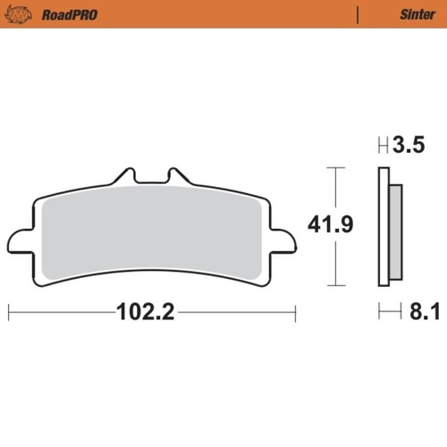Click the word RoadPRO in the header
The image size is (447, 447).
(x=70, y=14)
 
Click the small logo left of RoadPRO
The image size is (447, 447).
(x=24, y=14)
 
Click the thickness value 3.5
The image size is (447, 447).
(x=408, y=146)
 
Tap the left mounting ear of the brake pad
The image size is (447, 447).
(x=20, y=240)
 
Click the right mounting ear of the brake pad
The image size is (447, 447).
(x=284, y=240)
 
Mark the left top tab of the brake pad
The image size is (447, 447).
(x=128, y=174)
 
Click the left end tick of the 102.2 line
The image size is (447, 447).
(x=8, y=313)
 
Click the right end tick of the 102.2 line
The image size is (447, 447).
(x=295, y=313)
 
